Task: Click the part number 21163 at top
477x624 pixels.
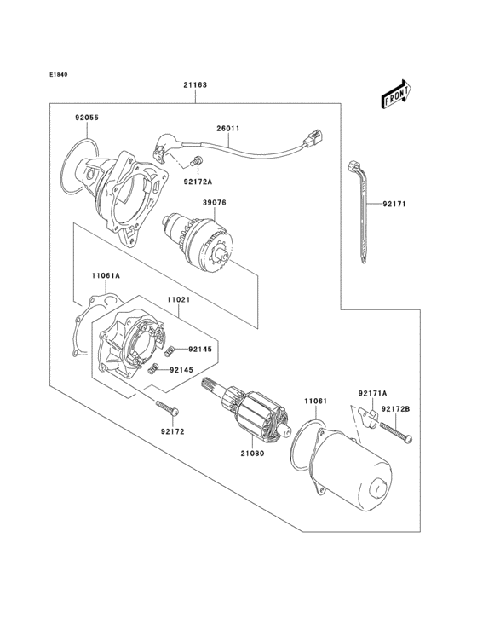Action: pos(194,85)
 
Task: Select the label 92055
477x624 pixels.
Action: pos(88,118)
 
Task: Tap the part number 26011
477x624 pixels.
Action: pos(227,130)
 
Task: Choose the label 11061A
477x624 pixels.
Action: pos(106,275)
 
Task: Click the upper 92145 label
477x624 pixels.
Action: pos(199,349)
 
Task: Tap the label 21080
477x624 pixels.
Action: pos(253,454)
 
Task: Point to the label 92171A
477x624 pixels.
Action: pos(372,393)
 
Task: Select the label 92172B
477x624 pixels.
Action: pos(395,409)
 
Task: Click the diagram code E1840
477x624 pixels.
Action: pos(58,74)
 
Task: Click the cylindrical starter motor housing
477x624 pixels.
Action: pos(349,474)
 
